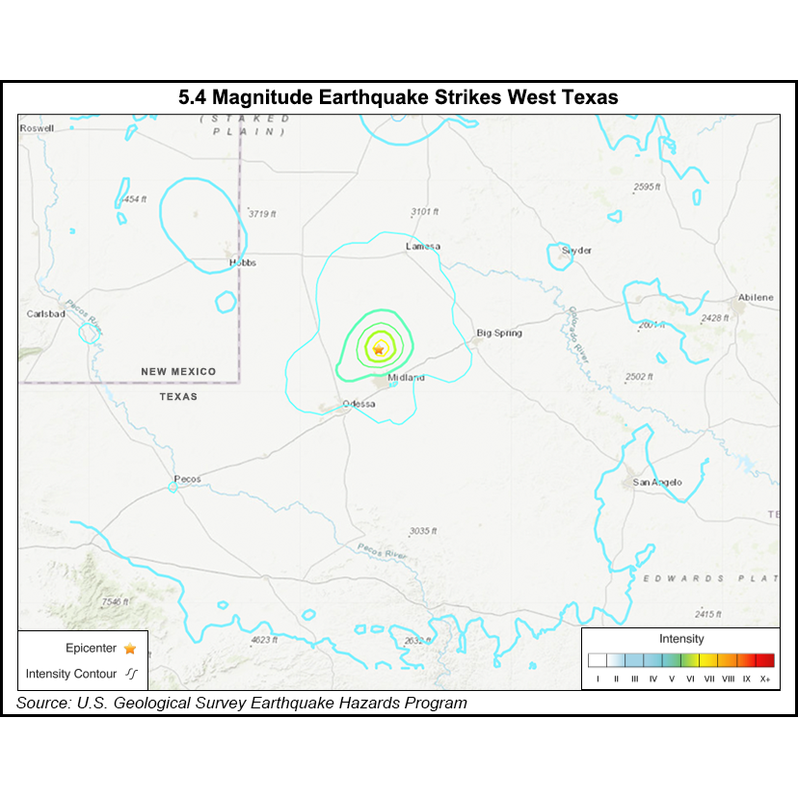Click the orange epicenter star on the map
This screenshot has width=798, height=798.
pos(379,348)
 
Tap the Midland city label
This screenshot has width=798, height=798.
pos(406,378)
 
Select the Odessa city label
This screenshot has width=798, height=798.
pos(358,404)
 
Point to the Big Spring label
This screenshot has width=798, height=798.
pos(499,333)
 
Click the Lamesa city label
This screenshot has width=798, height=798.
pos(422,247)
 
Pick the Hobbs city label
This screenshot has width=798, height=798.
pos(242,262)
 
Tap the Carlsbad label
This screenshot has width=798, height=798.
pos(45,314)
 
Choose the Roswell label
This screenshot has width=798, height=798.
pos(37,128)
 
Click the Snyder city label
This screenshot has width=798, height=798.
pos(576,251)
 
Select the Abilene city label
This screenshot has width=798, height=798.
pos(756,298)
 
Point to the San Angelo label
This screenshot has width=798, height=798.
pos(657,482)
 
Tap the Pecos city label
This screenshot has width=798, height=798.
pos(187,479)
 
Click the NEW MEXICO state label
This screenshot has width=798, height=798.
pos(178,372)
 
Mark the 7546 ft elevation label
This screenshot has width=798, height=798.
pos(114,601)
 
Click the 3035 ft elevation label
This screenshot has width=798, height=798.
pos(423,531)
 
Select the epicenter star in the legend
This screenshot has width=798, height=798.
pos(130,650)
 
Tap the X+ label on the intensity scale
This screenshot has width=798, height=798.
pos(765,679)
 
